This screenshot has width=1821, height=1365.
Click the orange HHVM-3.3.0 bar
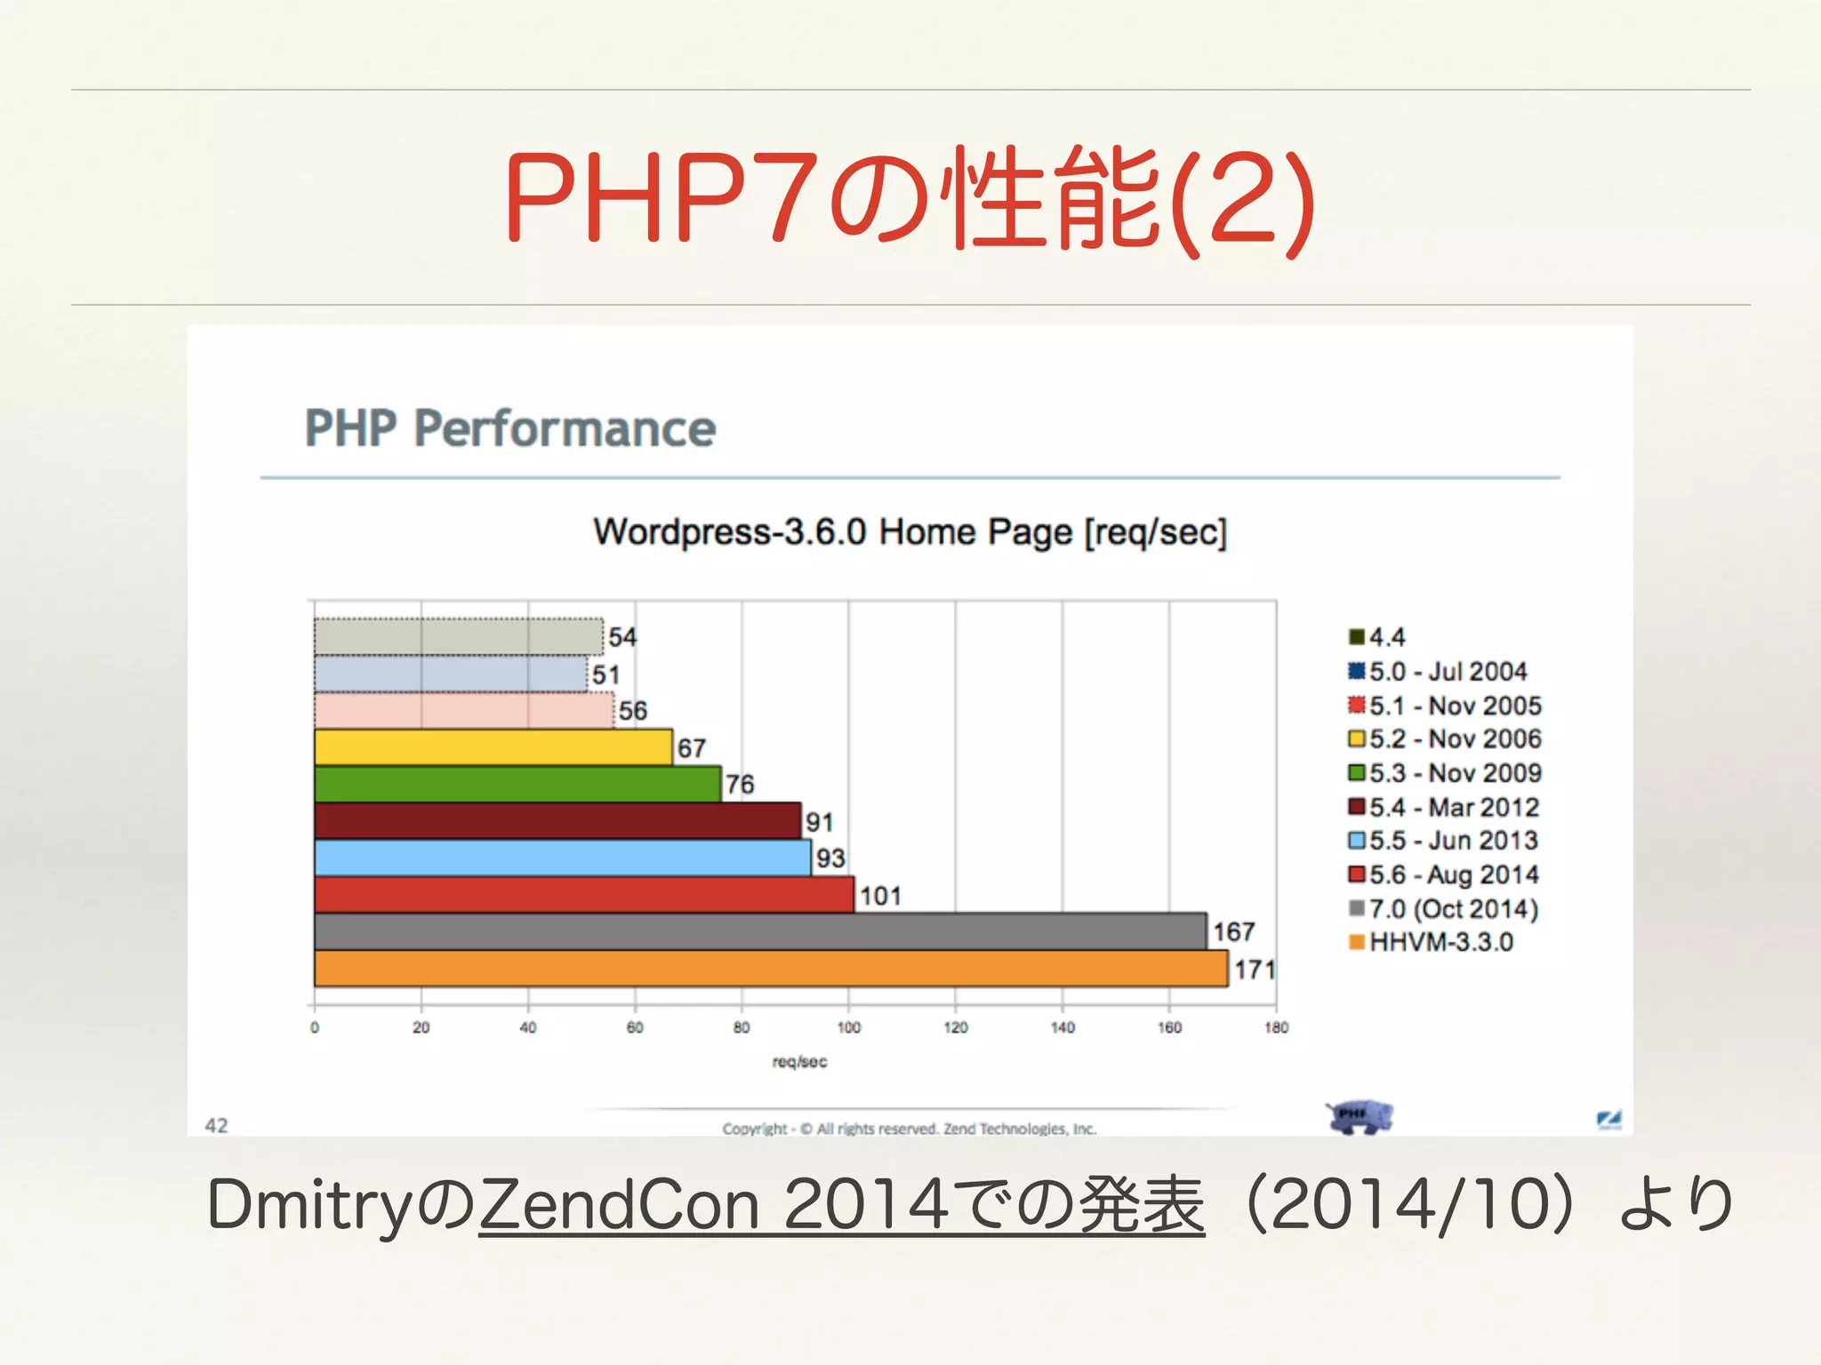[770, 969]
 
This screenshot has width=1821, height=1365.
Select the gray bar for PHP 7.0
[760, 931]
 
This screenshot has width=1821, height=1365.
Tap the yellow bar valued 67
[493, 747]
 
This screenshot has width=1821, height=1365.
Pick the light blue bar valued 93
[562, 858]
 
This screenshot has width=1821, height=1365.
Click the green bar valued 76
[517, 784]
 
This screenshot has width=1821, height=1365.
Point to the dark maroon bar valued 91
[558, 820]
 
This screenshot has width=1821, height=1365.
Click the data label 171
[1254, 970]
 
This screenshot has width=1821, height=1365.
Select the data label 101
[880, 896]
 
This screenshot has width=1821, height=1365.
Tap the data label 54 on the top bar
[622, 637]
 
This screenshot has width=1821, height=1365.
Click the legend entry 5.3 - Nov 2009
[1445, 773]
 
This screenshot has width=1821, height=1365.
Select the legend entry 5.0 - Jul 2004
[1438, 672]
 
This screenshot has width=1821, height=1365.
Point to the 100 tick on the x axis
[848, 1027]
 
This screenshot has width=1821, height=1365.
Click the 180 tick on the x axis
[1276, 1027]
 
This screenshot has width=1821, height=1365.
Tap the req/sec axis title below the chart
[799, 1062]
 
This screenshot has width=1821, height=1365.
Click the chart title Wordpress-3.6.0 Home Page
[910, 532]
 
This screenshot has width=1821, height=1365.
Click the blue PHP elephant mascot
[1359, 1116]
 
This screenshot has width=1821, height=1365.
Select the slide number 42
[216, 1126]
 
